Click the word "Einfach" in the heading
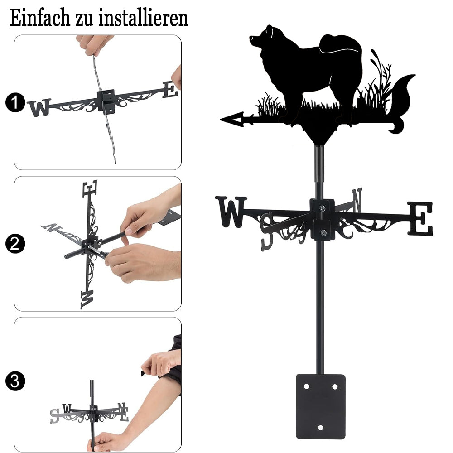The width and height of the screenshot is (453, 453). (x=40, y=18)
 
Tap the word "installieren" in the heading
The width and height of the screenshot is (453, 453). (x=143, y=18)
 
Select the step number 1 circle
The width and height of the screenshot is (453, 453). (x=15, y=102)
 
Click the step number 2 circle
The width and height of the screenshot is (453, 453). (x=15, y=244)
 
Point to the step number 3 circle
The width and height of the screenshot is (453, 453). (x=15, y=381)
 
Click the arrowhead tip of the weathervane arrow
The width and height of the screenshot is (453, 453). (x=221, y=119)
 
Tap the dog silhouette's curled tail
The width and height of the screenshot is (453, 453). (x=341, y=46)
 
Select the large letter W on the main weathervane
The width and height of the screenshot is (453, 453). (x=231, y=212)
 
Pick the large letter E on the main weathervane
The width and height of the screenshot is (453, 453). (x=420, y=218)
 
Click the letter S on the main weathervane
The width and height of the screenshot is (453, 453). (x=267, y=231)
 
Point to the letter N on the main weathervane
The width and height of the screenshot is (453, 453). (x=357, y=200)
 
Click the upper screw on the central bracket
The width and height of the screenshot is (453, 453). (x=322, y=208)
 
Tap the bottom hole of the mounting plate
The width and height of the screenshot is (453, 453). (x=321, y=427)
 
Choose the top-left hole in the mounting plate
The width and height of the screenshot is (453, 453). (x=306, y=386)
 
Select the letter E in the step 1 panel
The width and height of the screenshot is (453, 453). (x=170, y=90)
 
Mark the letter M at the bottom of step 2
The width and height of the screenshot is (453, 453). (x=87, y=299)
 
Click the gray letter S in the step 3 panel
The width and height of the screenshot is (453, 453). (x=55, y=416)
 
